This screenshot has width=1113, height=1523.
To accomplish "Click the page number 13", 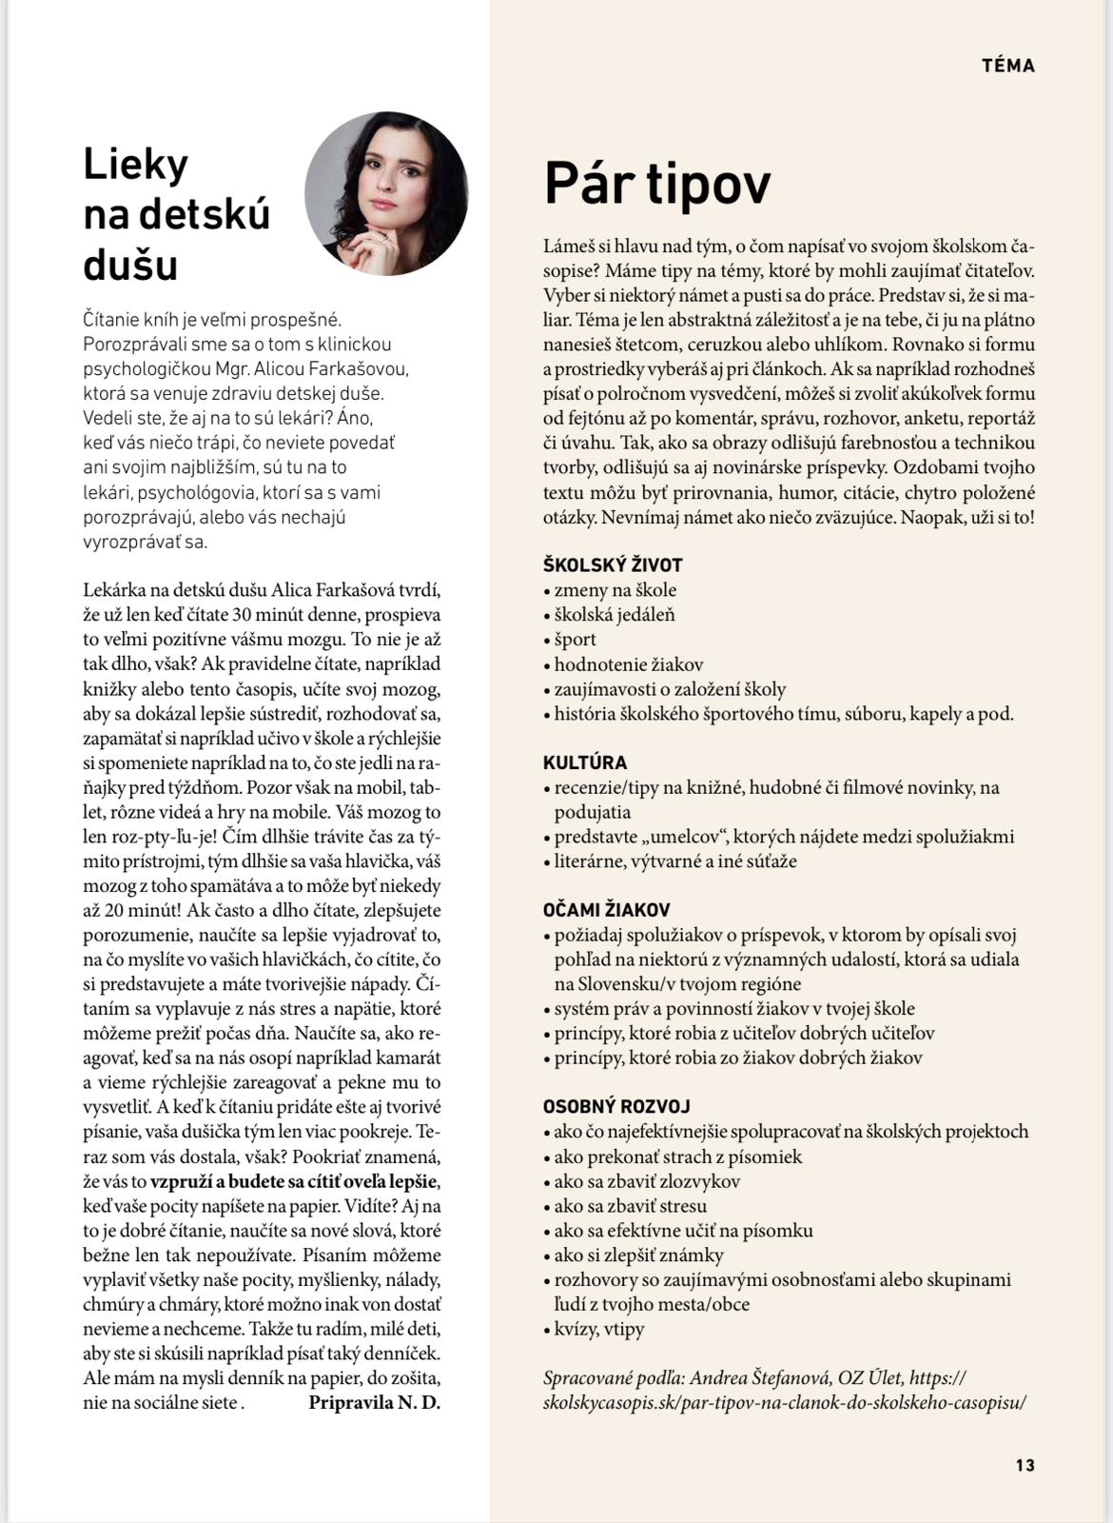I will click(1025, 1465).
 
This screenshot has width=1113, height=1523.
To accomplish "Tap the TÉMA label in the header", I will click(1008, 66).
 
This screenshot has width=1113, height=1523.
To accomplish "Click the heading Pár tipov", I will click(657, 183).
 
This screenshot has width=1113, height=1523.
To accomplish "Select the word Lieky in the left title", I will click(136, 165).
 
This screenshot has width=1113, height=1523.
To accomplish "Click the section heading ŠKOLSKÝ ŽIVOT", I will click(613, 564).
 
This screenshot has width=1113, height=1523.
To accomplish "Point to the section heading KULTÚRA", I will click(585, 762).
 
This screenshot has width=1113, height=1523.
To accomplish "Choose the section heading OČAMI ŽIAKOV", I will click(606, 910).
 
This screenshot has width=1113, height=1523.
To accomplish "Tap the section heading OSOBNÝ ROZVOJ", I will click(616, 1107).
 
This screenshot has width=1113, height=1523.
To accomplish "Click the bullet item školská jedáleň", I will click(615, 615).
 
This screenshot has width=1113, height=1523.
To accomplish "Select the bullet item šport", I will click(576, 640).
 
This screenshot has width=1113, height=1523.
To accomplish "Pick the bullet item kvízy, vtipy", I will click(599, 1329).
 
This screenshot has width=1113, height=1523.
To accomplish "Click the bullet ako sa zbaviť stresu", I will click(631, 1206).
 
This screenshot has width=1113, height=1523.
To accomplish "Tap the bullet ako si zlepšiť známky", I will click(638, 1256).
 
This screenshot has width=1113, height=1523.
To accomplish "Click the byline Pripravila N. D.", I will click(375, 1402).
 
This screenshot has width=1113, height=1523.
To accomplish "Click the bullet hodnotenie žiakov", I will click(629, 664).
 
